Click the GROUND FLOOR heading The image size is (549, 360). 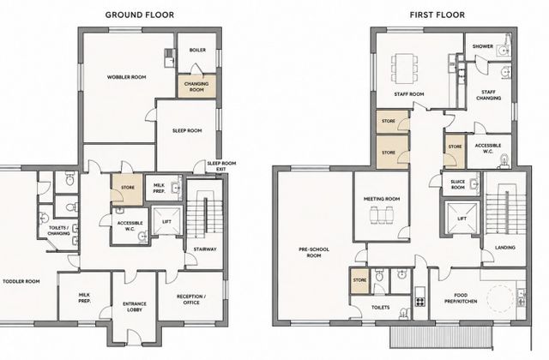tap(139, 15)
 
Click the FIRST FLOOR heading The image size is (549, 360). tap(437, 15)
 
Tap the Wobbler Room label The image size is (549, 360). tap(126, 77)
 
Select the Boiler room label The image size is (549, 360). tap(197, 50)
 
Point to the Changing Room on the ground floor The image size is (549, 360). tap(196, 87)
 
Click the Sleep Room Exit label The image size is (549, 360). tap(221, 166)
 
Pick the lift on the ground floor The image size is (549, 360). tap(166, 221)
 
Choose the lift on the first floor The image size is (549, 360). tap(462, 218)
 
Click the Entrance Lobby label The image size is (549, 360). tap(135, 307)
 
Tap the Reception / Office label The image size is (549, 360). tap(191, 299)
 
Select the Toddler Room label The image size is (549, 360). tap(21, 281)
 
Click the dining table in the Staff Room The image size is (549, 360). tap(404, 68)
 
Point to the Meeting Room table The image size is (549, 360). tap(382, 215)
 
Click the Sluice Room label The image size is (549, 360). tap(457, 184)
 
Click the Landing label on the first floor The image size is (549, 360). tap(505, 248)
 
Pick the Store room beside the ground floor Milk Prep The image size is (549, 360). tap(128, 189)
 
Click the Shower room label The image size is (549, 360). tap(482, 46)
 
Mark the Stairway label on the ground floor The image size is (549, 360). tap(205, 249)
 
